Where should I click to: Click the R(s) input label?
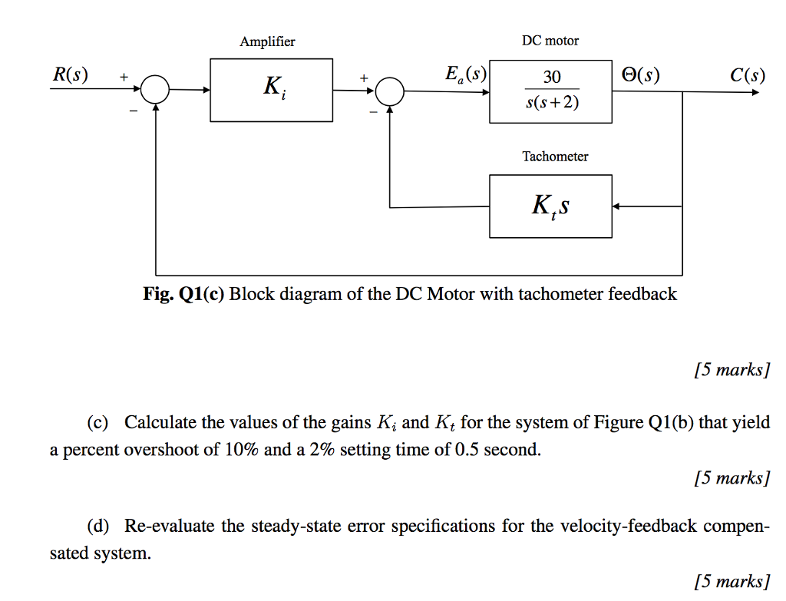tap(70, 75)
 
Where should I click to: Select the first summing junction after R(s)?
tap(156, 91)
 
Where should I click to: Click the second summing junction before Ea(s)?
tap(390, 91)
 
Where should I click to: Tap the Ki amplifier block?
tap(272, 90)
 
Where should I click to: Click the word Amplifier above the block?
tap(267, 41)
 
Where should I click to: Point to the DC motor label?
tap(550, 41)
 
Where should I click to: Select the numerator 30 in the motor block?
tap(551, 77)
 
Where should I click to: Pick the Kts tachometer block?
tap(550, 206)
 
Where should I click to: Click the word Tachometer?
tap(555, 157)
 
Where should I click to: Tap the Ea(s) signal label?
tap(466, 74)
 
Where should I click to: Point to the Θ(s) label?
tap(639, 75)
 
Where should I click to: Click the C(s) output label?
tap(747, 75)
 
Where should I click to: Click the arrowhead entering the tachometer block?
tap(618, 206)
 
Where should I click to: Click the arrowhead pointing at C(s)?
tap(759, 91)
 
